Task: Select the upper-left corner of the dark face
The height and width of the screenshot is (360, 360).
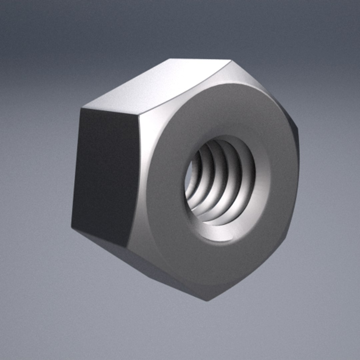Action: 81,108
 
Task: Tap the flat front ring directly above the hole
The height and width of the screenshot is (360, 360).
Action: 227,110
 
